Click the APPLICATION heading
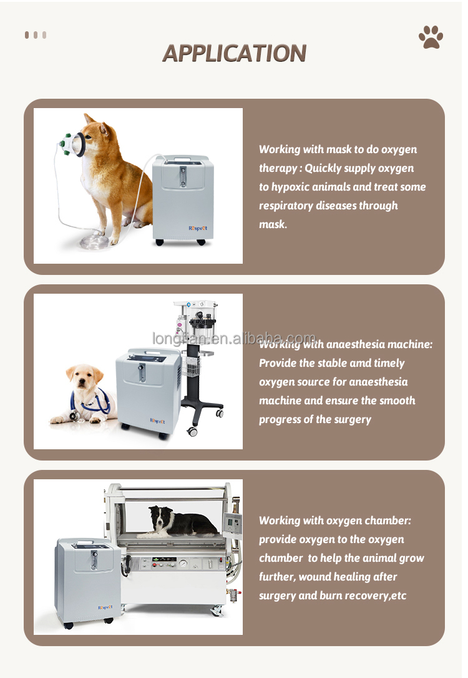[x=235, y=53]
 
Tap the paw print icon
[x=431, y=37]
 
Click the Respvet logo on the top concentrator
[x=198, y=228]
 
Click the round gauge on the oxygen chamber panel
[x=183, y=564]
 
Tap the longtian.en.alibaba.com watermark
[x=234, y=339]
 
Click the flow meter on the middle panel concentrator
[x=142, y=372]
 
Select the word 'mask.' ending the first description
[x=273, y=224]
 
